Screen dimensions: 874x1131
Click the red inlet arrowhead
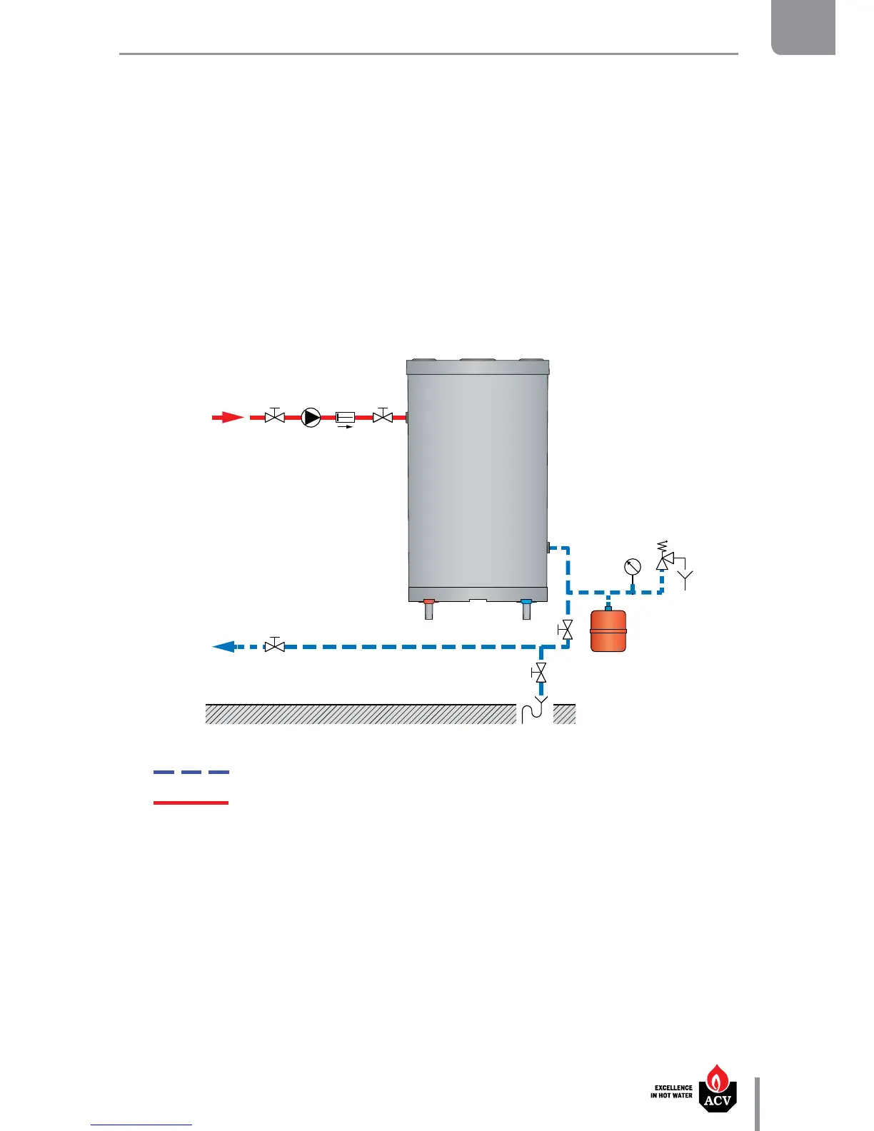228,418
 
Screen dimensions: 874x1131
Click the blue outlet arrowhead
224,646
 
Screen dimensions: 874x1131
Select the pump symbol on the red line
311,417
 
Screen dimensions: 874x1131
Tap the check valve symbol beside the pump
346,417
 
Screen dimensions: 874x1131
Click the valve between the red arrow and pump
275,416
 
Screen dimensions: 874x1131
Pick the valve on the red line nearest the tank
383,416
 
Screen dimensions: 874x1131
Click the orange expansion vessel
608,630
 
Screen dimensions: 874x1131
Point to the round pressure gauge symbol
632,567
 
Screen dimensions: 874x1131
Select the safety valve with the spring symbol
663,561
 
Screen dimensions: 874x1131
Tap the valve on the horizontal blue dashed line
275,645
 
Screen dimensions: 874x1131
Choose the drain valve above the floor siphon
541,672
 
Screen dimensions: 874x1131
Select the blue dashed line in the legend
191,772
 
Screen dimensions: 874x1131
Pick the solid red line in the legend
191,803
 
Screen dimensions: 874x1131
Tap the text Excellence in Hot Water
671,1092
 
